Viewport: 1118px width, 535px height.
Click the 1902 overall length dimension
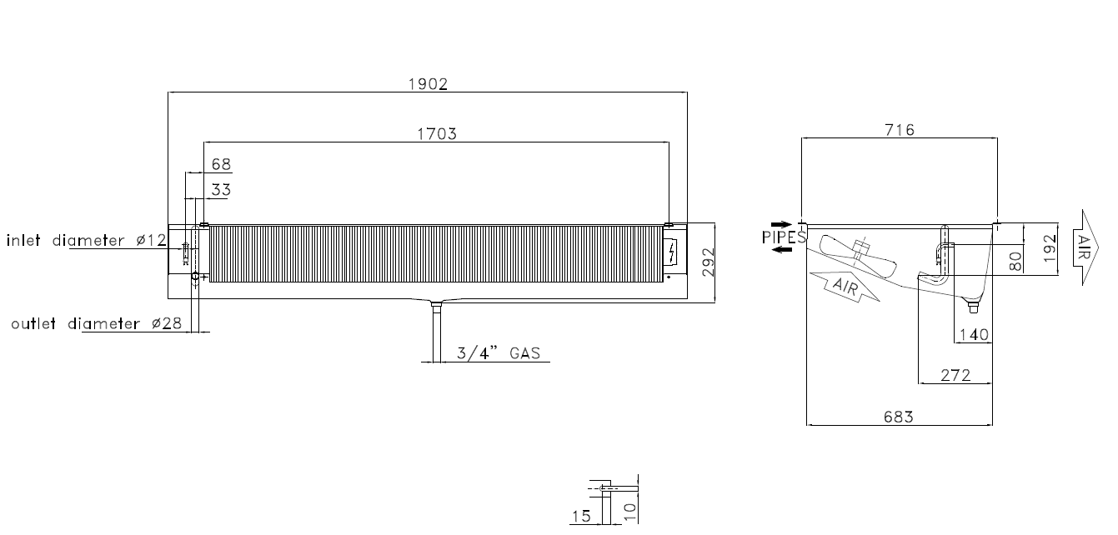click(x=428, y=84)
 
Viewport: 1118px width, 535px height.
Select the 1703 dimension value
click(x=437, y=134)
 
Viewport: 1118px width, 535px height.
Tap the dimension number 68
click(x=221, y=164)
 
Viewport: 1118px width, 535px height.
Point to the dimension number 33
click(x=221, y=190)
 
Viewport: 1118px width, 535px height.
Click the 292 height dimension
click(x=708, y=262)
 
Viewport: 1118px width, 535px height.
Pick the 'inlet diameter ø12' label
click(x=87, y=241)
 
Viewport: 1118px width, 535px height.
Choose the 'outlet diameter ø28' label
click(x=97, y=324)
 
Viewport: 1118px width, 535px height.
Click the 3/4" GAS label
click(x=499, y=353)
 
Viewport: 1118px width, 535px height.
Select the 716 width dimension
click(x=900, y=130)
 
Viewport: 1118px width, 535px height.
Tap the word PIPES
click(x=784, y=237)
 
